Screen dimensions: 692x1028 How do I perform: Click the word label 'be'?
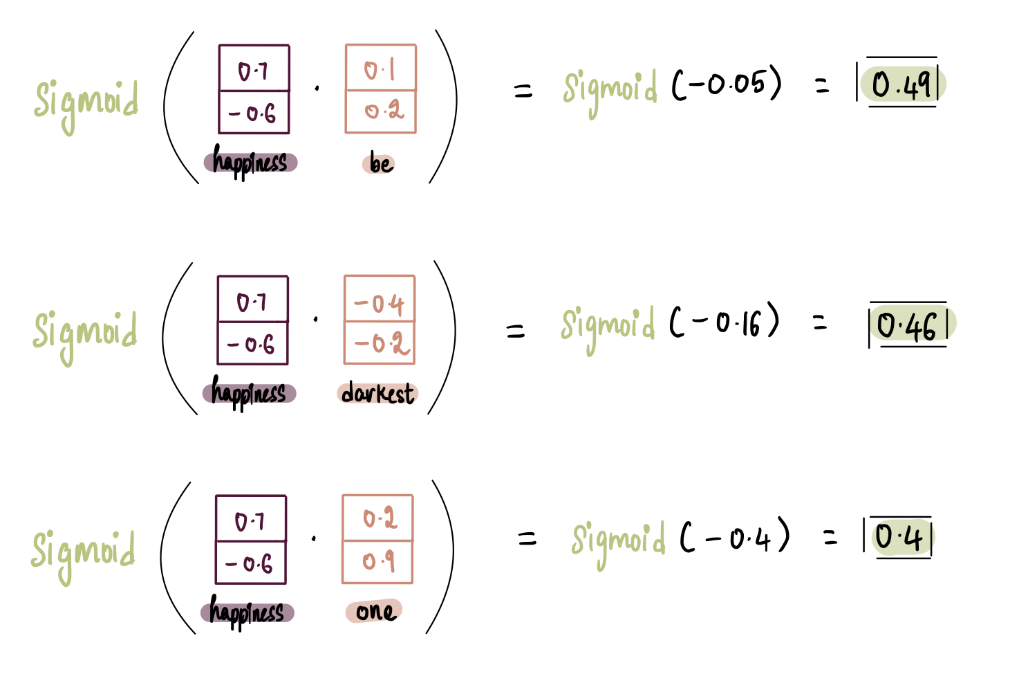point(380,163)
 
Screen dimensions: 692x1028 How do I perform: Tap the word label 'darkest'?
point(378,393)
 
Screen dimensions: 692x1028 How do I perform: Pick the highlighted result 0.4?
point(899,538)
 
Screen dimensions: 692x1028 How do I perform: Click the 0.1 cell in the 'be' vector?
point(380,69)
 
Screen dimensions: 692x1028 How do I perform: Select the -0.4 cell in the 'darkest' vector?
point(380,302)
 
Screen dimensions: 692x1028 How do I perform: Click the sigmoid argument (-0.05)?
point(726,84)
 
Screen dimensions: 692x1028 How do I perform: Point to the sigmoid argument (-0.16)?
point(724,322)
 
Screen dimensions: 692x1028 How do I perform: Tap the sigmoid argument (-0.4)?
point(735,537)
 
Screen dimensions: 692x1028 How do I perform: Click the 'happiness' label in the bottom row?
point(247,612)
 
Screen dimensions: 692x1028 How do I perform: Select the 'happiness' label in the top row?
point(250,162)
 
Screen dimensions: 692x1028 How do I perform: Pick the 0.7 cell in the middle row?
point(252,302)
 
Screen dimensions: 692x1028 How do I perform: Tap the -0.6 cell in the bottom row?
point(250,563)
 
